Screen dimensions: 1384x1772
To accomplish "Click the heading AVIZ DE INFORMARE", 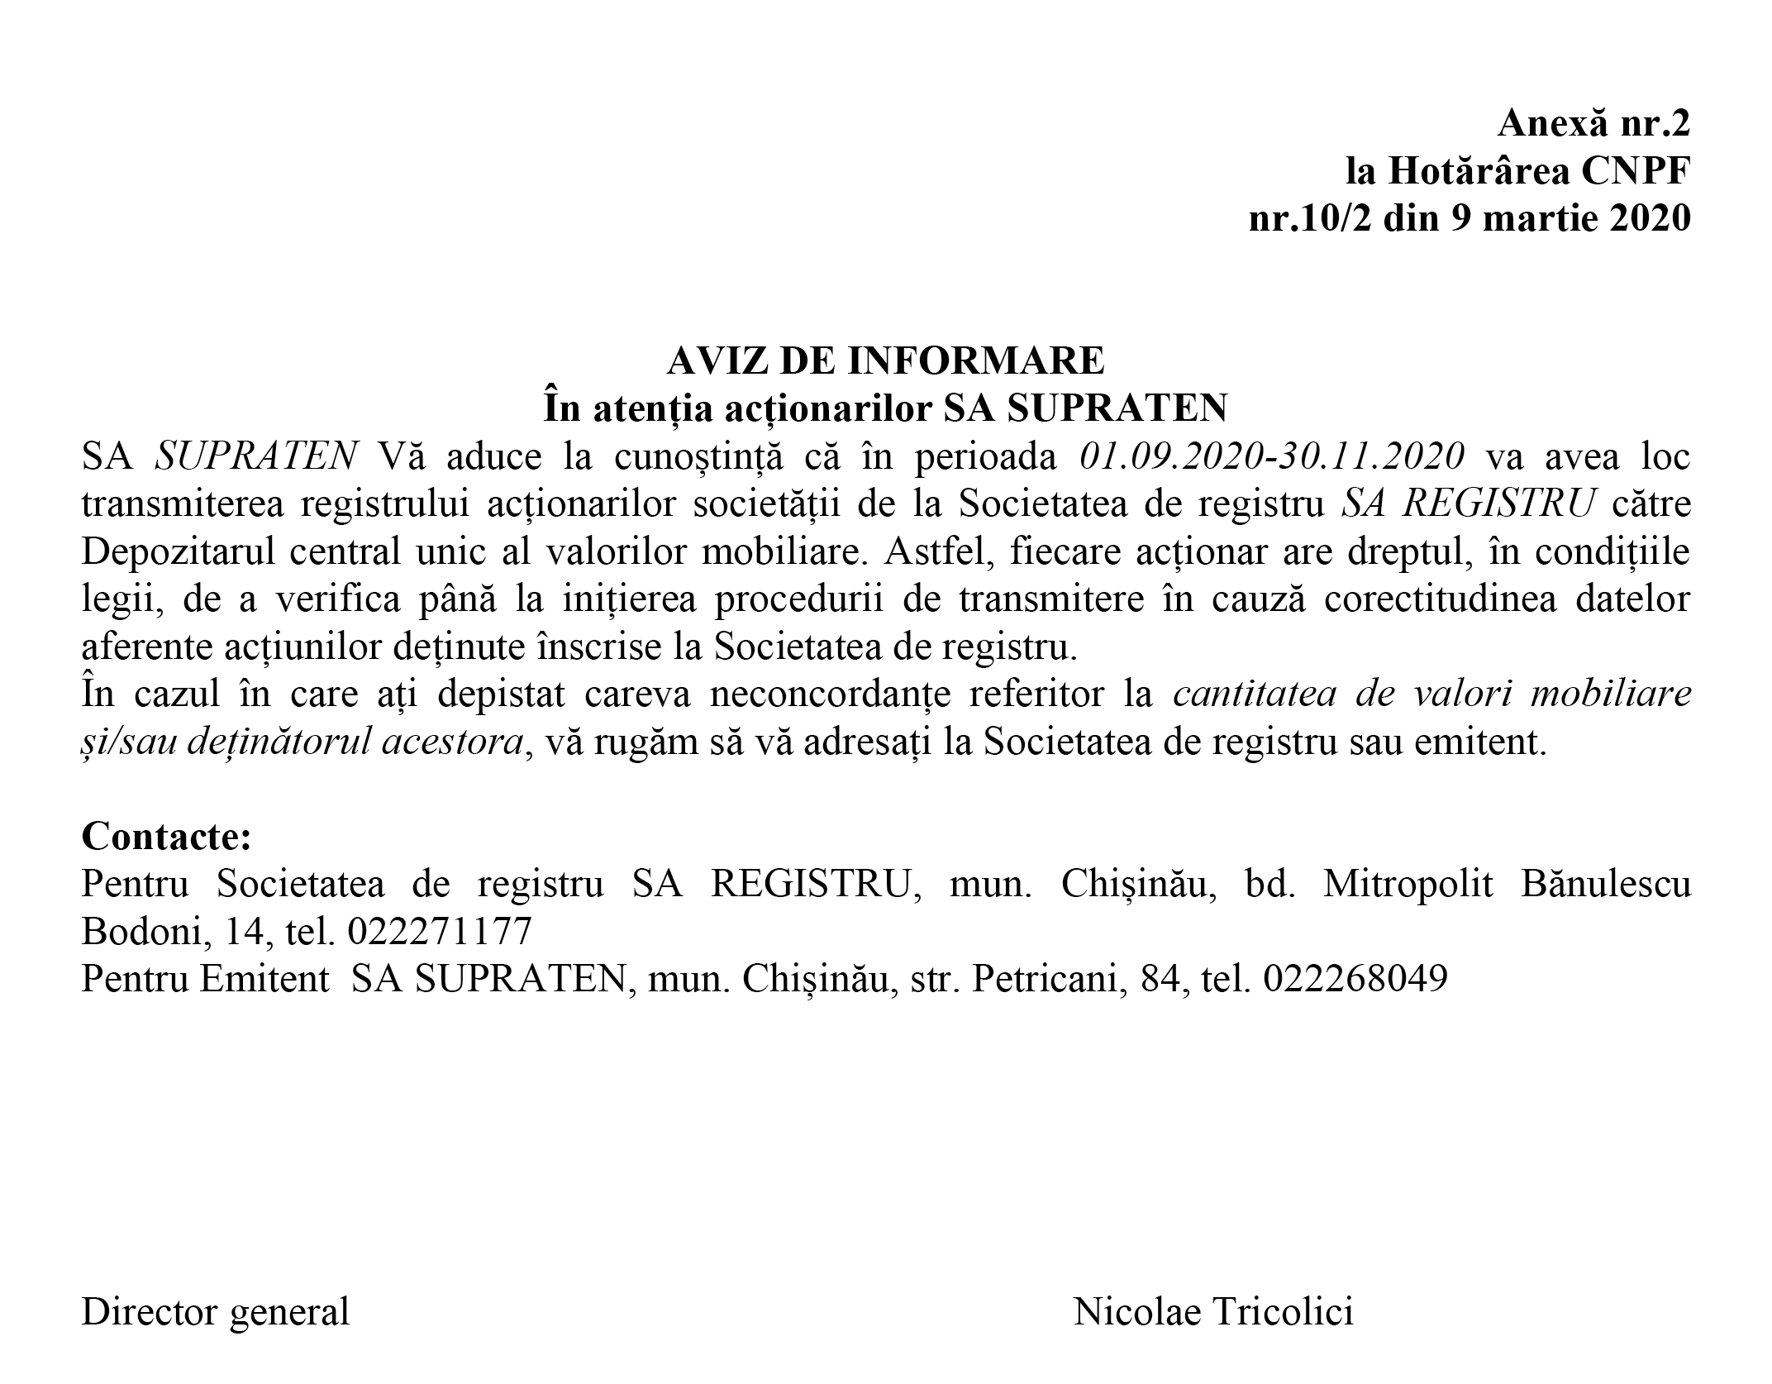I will (x=885, y=360).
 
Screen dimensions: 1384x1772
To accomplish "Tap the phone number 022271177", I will (x=440, y=932).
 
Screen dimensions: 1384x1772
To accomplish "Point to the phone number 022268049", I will (x=1355, y=980).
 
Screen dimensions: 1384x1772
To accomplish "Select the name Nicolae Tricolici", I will (x=1213, y=1312).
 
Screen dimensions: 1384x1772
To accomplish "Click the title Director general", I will (x=216, y=1312).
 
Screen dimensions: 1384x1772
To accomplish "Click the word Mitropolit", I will (x=1408, y=885).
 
